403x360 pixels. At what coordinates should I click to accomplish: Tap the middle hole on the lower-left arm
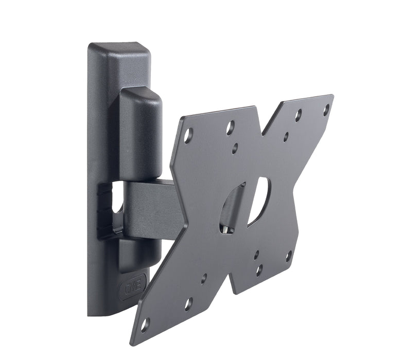coord(188,304)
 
